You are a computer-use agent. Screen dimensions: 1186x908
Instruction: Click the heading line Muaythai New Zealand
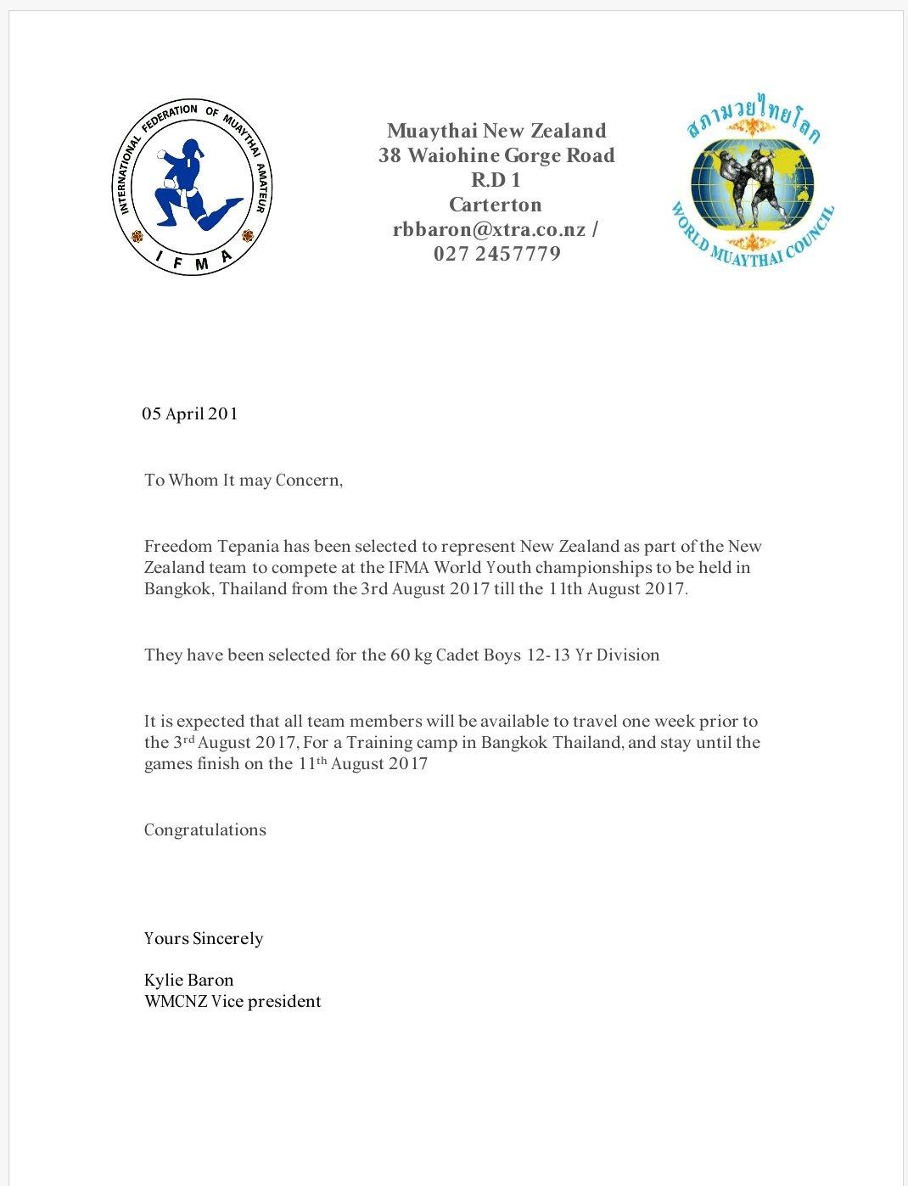pyautogui.click(x=496, y=131)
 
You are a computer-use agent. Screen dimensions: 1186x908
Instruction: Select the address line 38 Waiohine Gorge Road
pyautogui.click(x=496, y=155)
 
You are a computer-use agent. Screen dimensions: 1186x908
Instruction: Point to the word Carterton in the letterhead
pyautogui.click(x=496, y=205)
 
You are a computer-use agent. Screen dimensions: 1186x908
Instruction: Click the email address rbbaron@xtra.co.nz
pyautogui.click(x=489, y=229)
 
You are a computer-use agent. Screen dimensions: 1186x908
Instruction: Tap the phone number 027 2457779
pyautogui.click(x=496, y=254)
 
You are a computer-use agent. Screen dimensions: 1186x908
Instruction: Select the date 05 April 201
pyautogui.click(x=190, y=414)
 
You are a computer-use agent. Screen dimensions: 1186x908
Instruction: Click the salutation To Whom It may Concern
pyautogui.click(x=243, y=481)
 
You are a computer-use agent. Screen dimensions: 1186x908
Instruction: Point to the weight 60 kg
pyautogui.click(x=411, y=655)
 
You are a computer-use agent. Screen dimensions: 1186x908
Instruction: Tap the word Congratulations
pyautogui.click(x=205, y=830)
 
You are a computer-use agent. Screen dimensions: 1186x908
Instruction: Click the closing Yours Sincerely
pyautogui.click(x=204, y=939)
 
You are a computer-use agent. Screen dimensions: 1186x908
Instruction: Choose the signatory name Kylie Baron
pyautogui.click(x=188, y=981)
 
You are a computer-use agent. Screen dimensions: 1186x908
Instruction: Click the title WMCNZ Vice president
pyautogui.click(x=233, y=1002)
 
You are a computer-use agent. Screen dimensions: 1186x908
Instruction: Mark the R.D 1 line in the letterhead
pyautogui.click(x=496, y=180)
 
